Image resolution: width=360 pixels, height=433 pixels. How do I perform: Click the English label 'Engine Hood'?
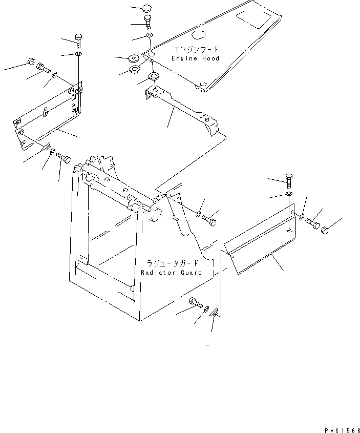tap(196, 58)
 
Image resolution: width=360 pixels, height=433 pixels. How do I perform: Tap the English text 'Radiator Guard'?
tap(172, 273)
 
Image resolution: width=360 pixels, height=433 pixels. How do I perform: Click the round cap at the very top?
tap(148, 9)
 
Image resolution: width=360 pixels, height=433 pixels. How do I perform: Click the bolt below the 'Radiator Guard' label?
tap(195, 302)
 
